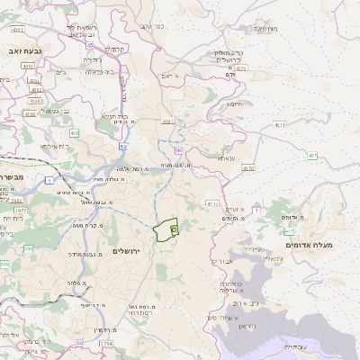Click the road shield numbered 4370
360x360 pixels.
(248, 167)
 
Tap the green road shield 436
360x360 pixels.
(74, 133)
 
